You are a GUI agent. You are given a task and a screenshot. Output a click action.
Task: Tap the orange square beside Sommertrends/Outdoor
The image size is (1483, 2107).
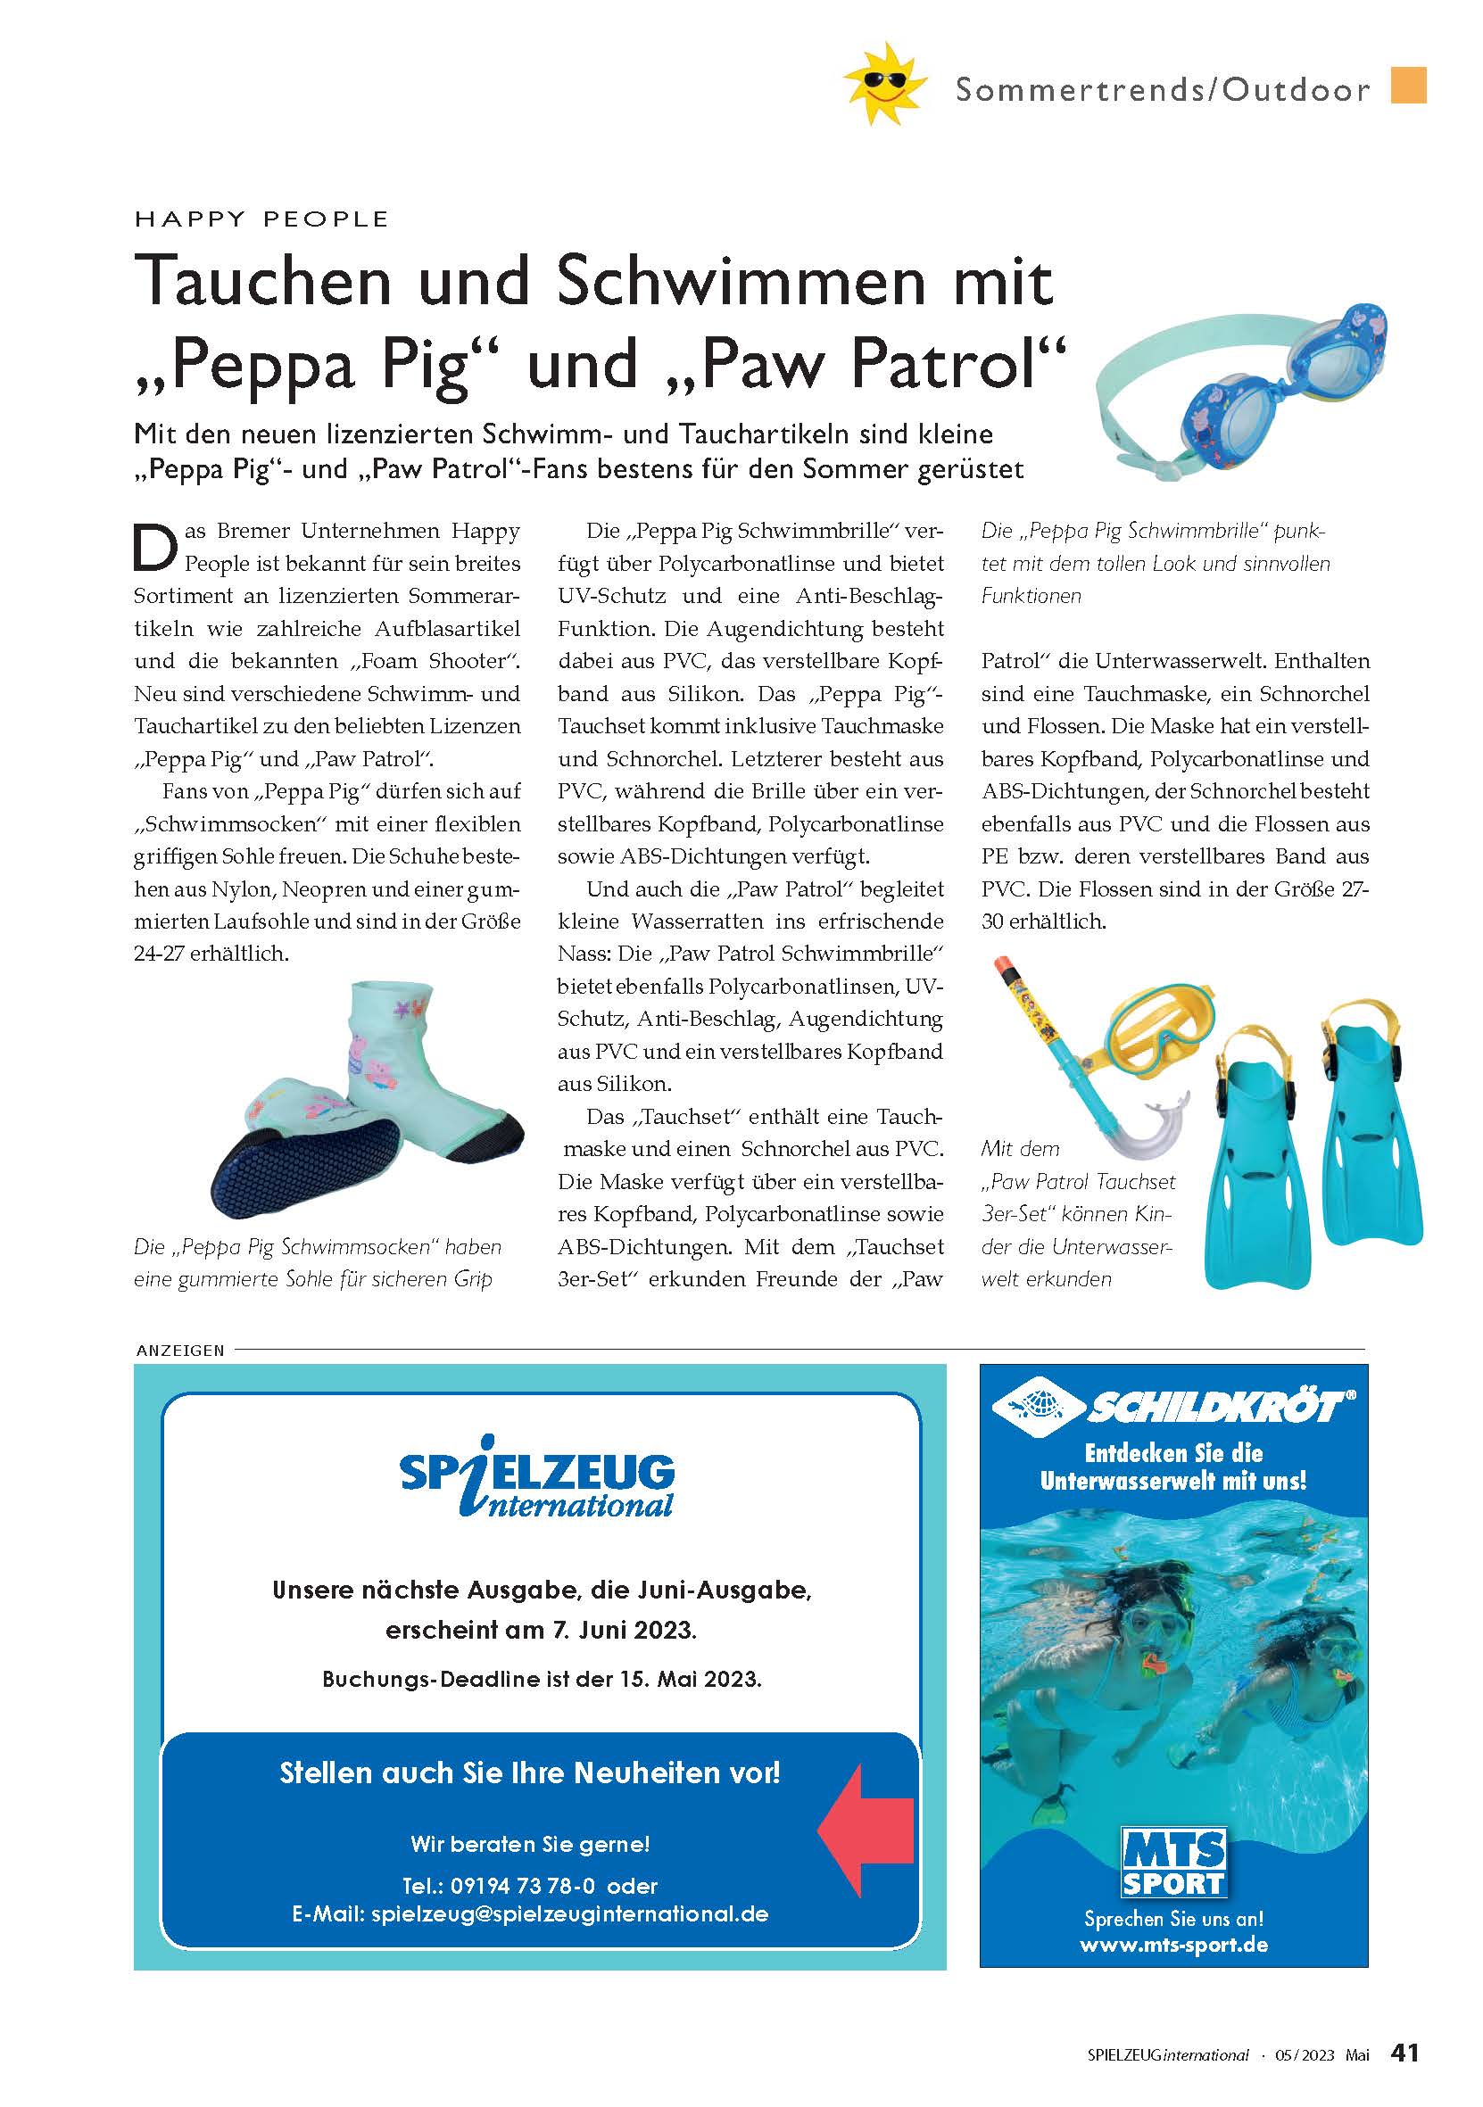pos(1409,86)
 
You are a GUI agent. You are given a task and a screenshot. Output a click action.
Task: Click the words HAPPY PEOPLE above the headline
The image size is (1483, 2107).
pos(261,219)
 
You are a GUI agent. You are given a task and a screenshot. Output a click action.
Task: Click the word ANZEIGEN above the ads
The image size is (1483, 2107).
pos(180,1351)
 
